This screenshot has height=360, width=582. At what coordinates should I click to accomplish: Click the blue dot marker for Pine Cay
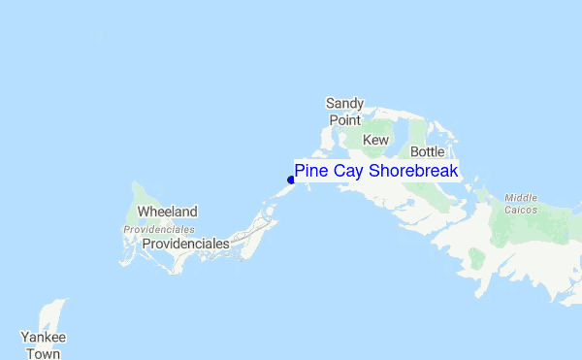pyautogui.click(x=291, y=179)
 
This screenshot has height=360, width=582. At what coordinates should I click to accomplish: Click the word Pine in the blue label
pyautogui.click(x=311, y=171)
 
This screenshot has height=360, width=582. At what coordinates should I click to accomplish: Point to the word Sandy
pyautogui.click(x=343, y=103)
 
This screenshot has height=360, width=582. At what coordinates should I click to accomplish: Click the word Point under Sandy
pyautogui.click(x=344, y=119)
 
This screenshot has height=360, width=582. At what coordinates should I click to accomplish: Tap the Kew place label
pyautogui.click(x=375, y=141)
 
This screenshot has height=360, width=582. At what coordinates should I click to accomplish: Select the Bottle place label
pyautogui.click(x=427, y=152)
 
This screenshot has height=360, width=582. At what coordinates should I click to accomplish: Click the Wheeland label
pyautogui.click(x=167, y=212)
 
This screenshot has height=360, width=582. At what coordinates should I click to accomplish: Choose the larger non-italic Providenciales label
pyautogui.click(x=185, y=245)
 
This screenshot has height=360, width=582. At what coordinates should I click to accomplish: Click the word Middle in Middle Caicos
pyautogui.click(x=521, y=197)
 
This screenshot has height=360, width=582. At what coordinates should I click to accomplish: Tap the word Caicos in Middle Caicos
pyautogui.click(x=521, y=209)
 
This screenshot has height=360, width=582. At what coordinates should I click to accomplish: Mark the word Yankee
pyautogui.click(x=44, y=338)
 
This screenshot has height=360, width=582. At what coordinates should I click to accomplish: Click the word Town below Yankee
pyautogui.click(x=44, y=354)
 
